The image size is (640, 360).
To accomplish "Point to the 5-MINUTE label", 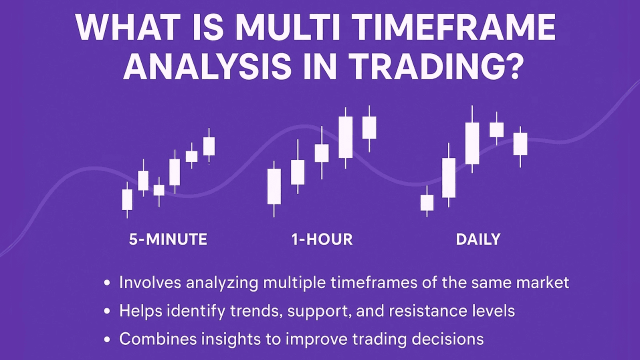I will point(168,239).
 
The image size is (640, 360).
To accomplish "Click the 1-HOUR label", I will point(322,239).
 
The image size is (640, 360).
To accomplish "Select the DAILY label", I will point(478,239).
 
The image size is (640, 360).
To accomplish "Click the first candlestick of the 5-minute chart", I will point(127,199).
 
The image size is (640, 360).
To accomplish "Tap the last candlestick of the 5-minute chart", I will point(209,146).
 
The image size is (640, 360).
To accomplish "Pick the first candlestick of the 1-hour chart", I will point(274,186).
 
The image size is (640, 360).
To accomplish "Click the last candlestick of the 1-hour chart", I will point(369,127).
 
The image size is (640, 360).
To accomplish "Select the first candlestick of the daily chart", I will point(426,202).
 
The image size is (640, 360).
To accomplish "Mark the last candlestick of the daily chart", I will point(520,144).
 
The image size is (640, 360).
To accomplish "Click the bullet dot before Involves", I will point(106,283).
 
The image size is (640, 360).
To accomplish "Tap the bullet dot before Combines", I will point(106,340).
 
